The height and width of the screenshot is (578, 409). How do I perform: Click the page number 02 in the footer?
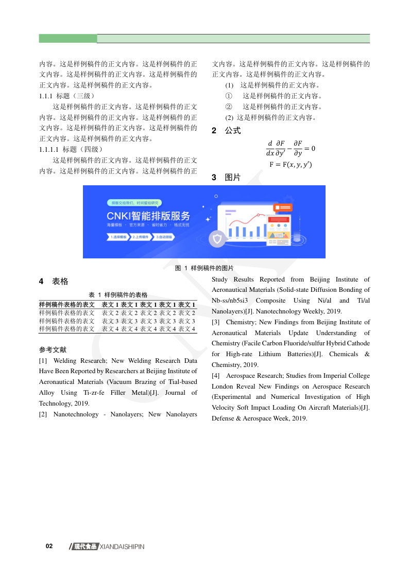49,546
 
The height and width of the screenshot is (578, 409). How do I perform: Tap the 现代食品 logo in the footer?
85,547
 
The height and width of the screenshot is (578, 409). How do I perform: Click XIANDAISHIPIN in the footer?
122,547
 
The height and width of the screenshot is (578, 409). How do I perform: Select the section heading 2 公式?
226,131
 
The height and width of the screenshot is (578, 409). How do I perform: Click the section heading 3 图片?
226,178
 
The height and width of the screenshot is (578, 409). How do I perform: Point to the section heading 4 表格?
54,282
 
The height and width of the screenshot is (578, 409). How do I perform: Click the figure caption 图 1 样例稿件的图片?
204,268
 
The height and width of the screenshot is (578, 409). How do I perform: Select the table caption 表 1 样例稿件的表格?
118,295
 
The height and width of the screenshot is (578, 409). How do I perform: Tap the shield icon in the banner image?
217,239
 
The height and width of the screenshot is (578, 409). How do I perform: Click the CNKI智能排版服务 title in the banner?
148,216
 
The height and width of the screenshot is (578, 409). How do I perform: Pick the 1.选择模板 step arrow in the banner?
118,237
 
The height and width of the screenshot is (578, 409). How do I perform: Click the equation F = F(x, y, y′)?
291,165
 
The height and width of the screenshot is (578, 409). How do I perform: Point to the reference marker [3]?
216,322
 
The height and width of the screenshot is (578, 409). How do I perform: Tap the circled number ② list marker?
229,107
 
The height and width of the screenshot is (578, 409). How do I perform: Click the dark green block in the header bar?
68,39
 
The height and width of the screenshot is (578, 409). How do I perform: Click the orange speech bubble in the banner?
284,207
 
